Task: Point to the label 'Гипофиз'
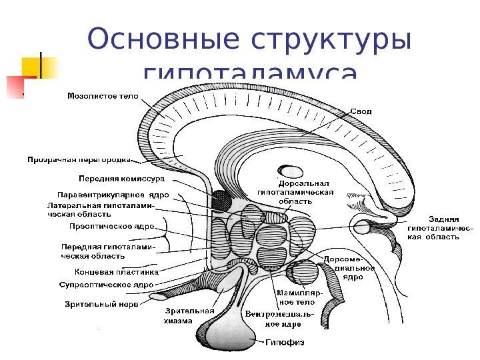[285, 343]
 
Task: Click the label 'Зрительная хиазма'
[189, 315]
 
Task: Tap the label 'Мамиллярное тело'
[299, 297]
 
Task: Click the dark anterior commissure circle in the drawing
[221, 199]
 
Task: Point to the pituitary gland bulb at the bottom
[239, 329]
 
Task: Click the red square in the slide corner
[15, 86]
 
